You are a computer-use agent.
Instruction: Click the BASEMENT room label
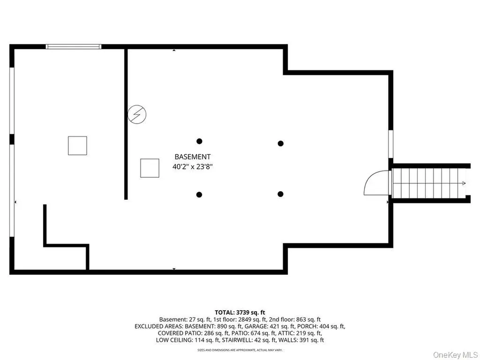tap(193, 157)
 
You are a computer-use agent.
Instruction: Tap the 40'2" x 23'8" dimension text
tap(193, 167)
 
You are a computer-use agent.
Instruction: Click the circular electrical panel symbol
tap(137, 114)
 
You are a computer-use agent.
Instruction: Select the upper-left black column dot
tap(199, 141)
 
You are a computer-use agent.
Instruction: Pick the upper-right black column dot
tap(280, 143)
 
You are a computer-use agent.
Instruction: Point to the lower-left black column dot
tap(199, 195)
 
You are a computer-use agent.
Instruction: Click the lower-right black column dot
tap(280, 194)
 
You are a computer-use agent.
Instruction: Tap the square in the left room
tap(77, 146)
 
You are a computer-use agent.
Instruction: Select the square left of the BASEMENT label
tap(150, 168)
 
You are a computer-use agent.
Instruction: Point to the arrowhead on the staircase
tap(464, 183)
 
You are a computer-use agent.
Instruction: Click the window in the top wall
tap(74, 46)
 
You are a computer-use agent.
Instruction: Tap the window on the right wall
tap(390, 144)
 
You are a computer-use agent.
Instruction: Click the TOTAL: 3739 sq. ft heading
tap(240, 313)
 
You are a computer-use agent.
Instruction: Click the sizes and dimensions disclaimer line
tap(240, 350)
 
